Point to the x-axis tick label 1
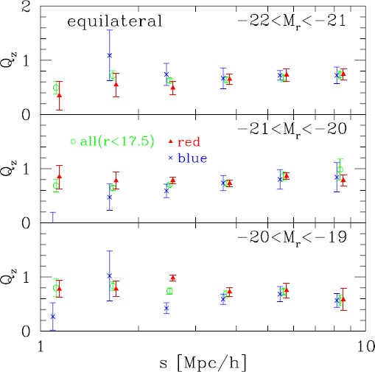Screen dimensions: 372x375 [x=40, y=345]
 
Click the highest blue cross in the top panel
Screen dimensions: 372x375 [x=109, y=55]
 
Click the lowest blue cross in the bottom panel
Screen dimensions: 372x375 [x=52, y=317]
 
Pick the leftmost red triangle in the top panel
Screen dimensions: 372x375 [x=59, y=96]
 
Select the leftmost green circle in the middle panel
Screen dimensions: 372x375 [x=56, y=185]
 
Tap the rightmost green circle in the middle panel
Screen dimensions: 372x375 [x=340, y=169]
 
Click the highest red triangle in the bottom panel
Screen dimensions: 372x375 [x=173, y=278]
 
